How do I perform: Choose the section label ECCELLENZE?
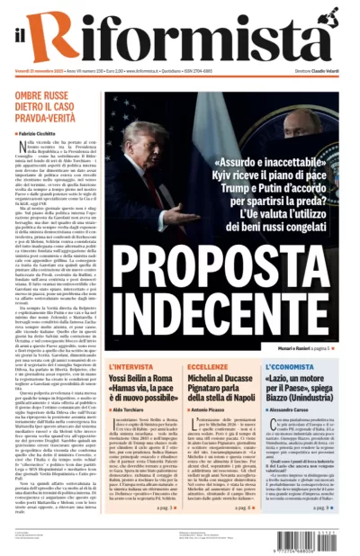pos(208,366)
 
